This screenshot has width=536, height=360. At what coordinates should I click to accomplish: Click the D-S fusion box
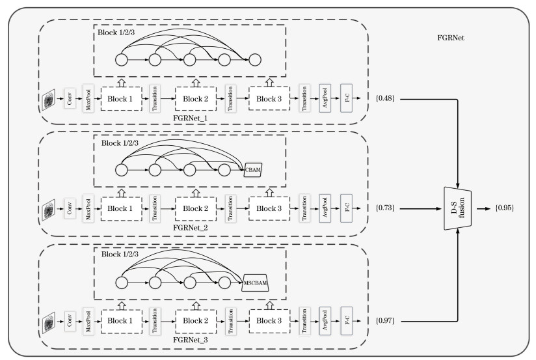coord(457,210)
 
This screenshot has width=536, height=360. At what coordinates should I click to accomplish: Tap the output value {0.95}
coord(503,210)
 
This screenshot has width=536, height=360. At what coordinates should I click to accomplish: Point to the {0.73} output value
coord(386,209)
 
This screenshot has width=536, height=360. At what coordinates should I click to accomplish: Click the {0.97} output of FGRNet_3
coord(386,321)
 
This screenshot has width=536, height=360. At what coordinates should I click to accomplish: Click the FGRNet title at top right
coord(450,38)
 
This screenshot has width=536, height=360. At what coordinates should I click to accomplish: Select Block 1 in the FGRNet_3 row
coord(120,321)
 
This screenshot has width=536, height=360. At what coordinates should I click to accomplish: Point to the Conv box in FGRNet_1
coord(70,99)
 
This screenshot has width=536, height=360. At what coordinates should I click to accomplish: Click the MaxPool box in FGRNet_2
coord(88,209)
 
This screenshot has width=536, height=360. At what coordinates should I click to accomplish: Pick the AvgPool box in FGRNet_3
coord(325,321)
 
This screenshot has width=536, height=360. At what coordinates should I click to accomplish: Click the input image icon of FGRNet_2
coord(49,210)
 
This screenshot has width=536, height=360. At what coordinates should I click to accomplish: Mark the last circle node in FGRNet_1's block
coord(254,60)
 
